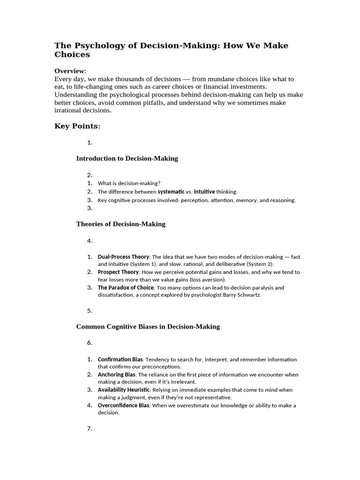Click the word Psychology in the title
click(x=97, y=45)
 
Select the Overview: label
click(x=70, y=71)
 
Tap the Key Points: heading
click(x=77, y=126)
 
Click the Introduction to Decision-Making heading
click(x=127, y=158)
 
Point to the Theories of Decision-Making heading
click(x=121, y=224)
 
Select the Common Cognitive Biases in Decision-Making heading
click(x=148, y=327)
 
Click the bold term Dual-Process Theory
click(x=123, y=257)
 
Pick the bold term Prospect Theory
click(x=118, y=272)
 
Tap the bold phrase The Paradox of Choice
click(x=126, y=287)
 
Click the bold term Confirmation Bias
click(x=120, y=360)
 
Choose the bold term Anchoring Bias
click(x=116, y=375)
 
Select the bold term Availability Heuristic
click(x=123, y=390)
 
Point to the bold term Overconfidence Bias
click(x=123, y=405)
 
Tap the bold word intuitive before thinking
click(x=204, y=192)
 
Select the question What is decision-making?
click(x=129, y=183)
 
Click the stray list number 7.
click(x=90, y=428)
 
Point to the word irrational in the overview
click(x=70, y=111)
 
